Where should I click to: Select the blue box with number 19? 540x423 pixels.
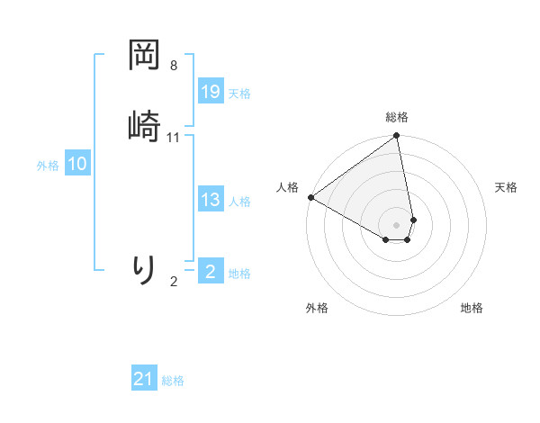click(x=211, y=92)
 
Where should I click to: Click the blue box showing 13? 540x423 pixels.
click(x=211, y=201)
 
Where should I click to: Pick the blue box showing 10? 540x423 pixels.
click(x=76, y=164)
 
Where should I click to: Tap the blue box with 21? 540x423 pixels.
click(x=144, y=380)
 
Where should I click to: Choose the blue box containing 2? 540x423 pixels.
click(x=211, y=272)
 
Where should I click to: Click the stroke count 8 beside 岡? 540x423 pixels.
click(x=174, y=66)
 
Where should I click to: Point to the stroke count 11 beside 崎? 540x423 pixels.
click(x=174, y=138)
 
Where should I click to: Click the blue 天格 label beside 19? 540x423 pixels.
click(x=239, y=94)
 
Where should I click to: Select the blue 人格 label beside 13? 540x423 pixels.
click(x=239, y=202)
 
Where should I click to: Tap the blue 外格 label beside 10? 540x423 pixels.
click(x=47, y=166)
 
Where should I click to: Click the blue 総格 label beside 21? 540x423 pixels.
click(x=173, y=382)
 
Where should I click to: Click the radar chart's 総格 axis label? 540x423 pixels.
click(x=397, y=117)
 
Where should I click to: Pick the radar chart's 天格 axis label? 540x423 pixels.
click(x=507, y=187)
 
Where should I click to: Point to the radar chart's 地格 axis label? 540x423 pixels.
click(x=472, y=308)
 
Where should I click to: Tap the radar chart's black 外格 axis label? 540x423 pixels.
click(x=317, y=308)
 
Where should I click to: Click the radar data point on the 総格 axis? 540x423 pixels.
click(x=397, y=137)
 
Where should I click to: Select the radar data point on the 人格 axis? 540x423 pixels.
click(x=310, y=197)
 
